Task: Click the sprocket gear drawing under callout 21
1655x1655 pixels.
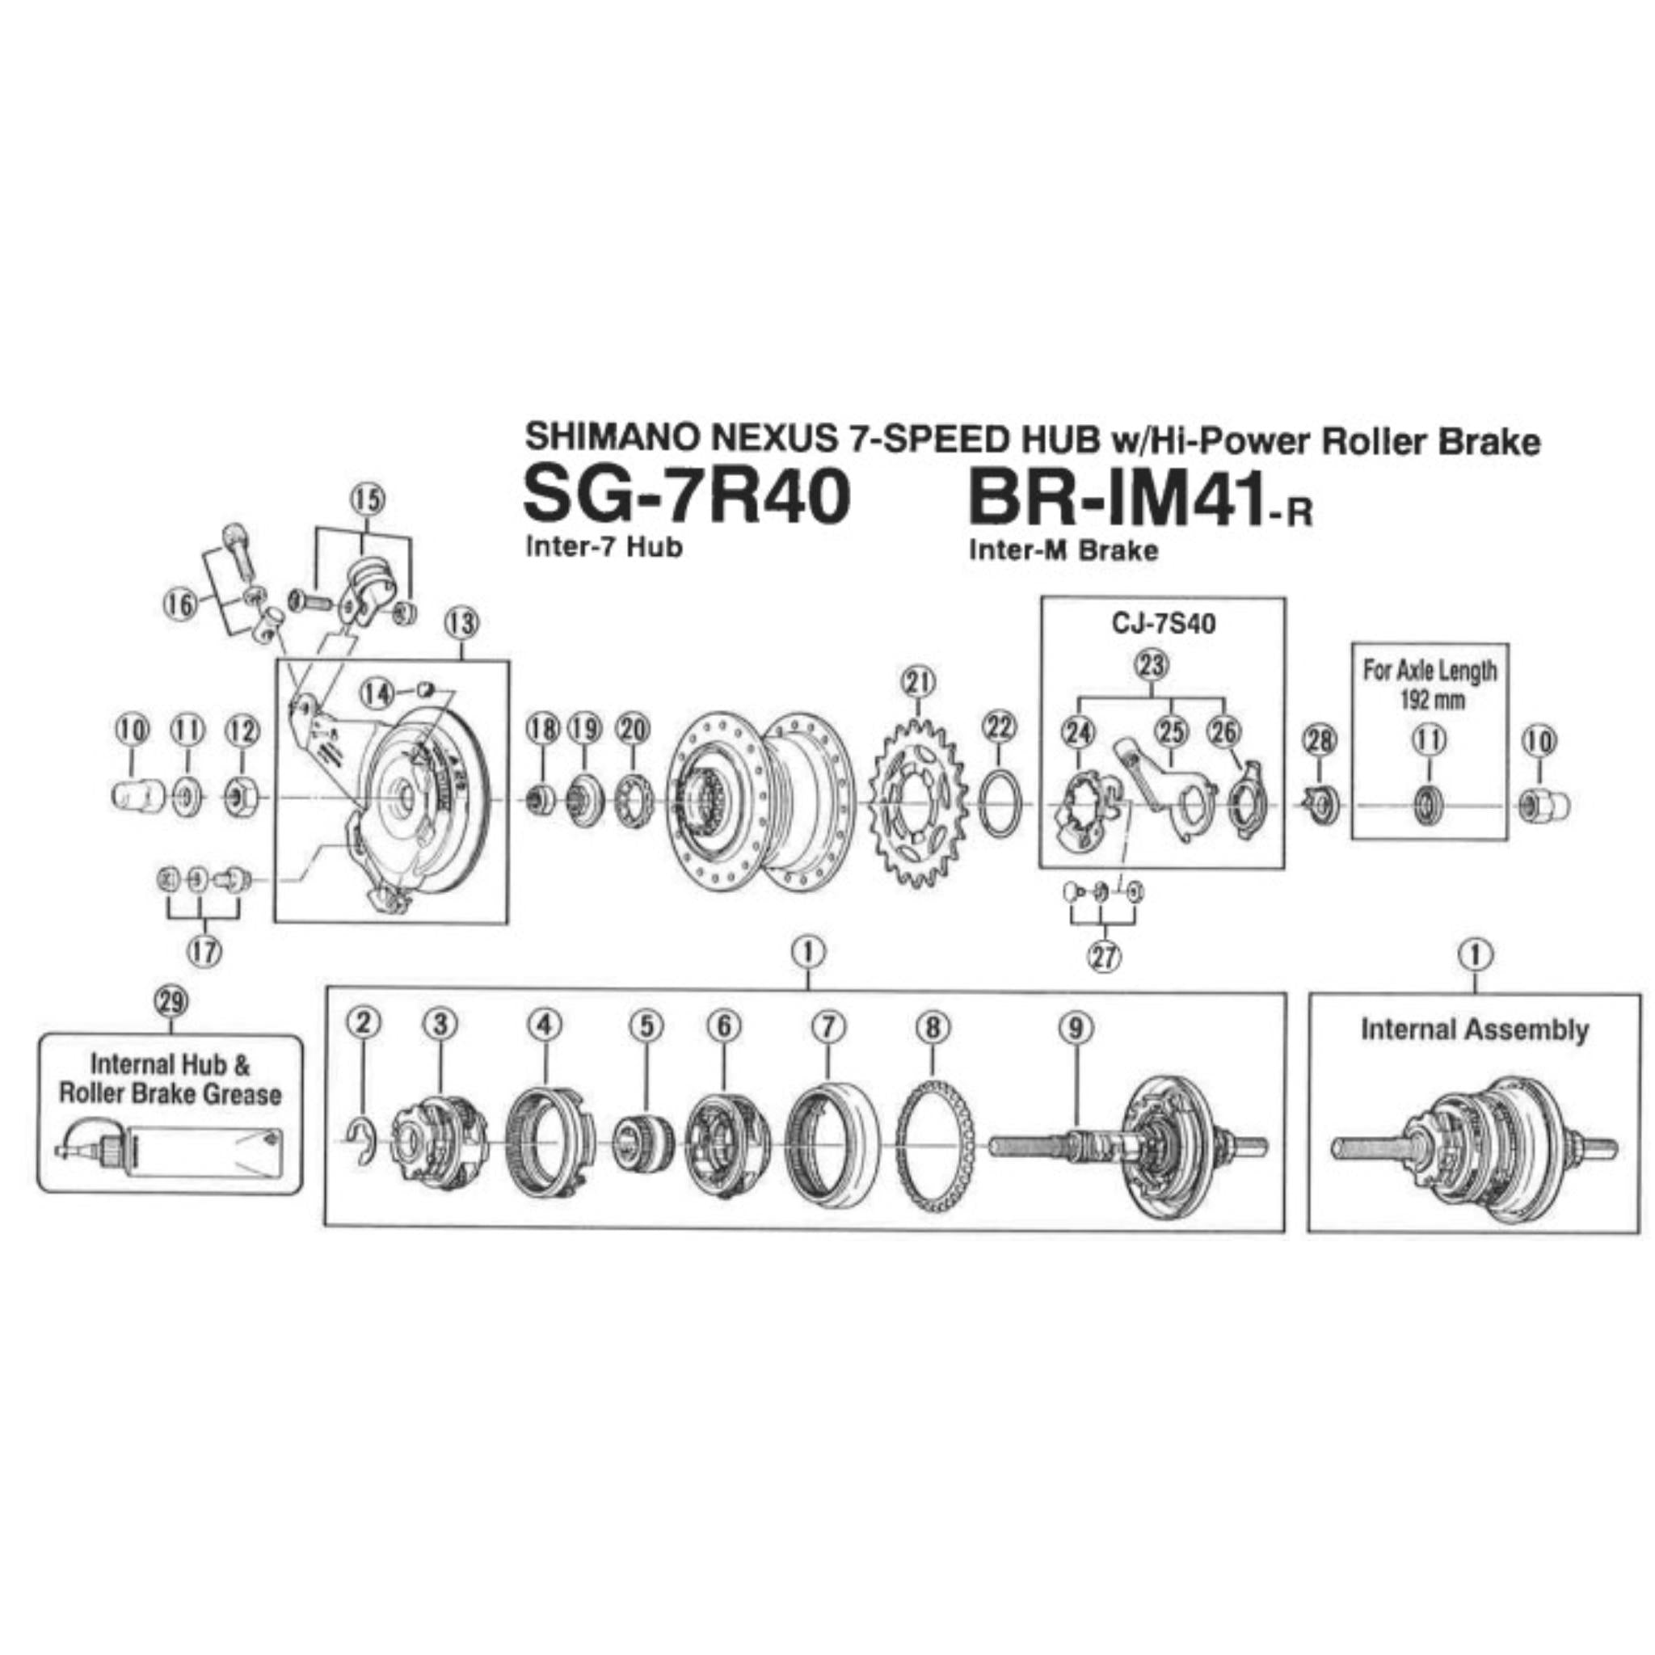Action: [x=918, y=804]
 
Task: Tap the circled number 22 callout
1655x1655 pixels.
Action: [x=999, y=727]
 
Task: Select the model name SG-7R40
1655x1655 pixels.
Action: [x=686, y=499]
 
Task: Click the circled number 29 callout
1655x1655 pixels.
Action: [x=172, y=1000]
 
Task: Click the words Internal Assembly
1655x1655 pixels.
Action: [x=1473, y=1029]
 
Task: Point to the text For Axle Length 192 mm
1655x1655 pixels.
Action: [x=1429, y=684]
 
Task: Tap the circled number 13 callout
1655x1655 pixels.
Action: [x=461, y=624]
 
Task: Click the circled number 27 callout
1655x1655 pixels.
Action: [x=1104, y=956]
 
